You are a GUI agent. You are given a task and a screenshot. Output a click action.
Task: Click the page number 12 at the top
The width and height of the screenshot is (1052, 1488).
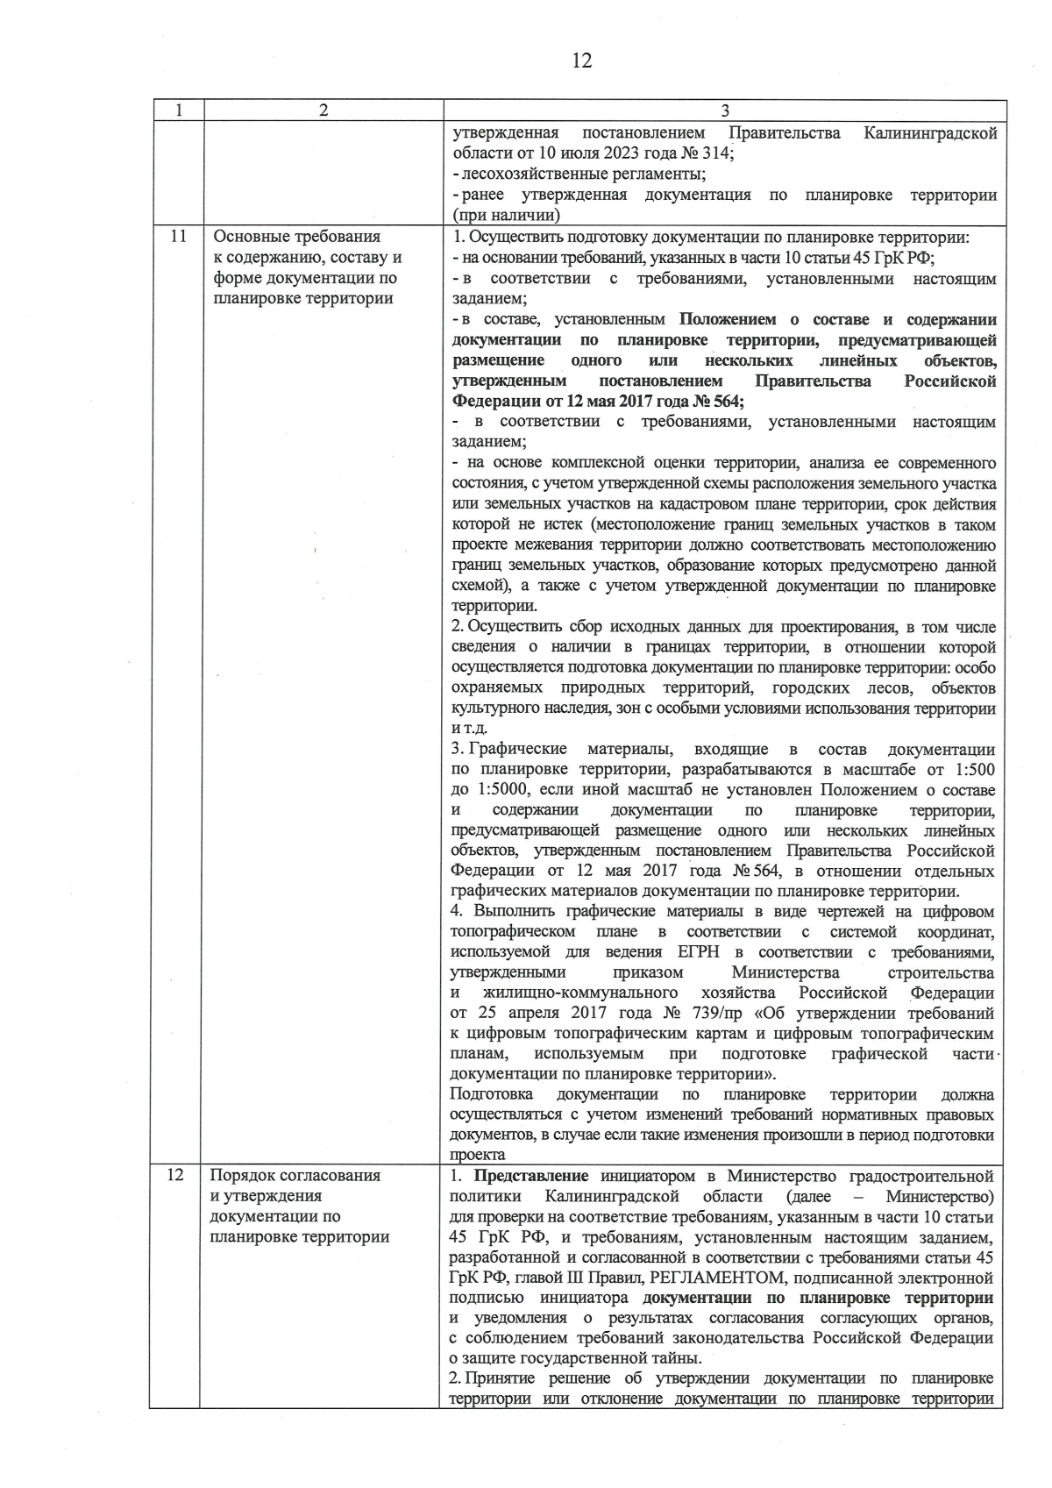point(581,61)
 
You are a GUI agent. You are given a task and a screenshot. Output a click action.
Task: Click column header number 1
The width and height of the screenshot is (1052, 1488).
point(178,110)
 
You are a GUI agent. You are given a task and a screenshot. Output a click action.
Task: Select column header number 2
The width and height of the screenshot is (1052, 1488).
point(323,110)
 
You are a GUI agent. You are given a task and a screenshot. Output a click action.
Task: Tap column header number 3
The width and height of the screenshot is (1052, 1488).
point(724,110)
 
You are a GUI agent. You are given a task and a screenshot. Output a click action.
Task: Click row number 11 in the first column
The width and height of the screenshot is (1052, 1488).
point(178,237)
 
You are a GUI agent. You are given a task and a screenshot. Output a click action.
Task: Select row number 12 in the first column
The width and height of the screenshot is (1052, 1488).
point(175,1175)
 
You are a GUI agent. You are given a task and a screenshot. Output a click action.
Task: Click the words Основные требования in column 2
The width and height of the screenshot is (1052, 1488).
point(297,237)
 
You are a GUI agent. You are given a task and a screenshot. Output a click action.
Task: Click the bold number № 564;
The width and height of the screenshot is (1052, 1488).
point(717,401)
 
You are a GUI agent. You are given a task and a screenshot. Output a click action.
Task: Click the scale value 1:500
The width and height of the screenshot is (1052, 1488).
point(971,769)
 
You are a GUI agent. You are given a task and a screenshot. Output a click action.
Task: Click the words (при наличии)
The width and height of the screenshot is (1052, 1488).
point(506,215)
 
